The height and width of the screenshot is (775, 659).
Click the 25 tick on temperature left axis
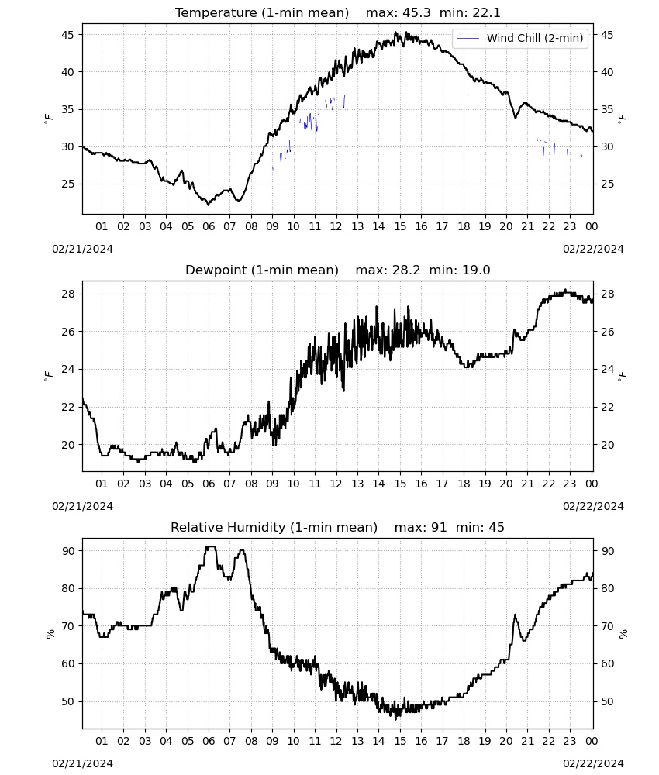coord(67,184)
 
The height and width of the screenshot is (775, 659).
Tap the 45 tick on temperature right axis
coord(607,35)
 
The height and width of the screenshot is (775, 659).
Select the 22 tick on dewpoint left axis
coord(67,407)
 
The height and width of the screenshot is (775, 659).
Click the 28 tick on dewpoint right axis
coord(607,294)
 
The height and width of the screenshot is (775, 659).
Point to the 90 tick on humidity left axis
coord(67,551)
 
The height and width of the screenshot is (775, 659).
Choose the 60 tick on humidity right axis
coord(607,664)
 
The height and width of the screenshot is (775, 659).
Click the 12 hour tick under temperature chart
coord(336,226)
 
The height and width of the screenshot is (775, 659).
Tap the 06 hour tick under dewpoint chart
coord(209,484)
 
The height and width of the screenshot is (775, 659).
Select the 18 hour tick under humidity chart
coord(464,742)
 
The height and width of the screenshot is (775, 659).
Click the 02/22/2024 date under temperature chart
coord(593,249)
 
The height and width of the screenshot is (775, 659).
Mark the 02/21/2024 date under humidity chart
coord(82,763)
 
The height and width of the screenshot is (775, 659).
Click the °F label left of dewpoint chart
coord(48,376)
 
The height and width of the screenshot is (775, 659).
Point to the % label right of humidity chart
coord(623,634)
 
